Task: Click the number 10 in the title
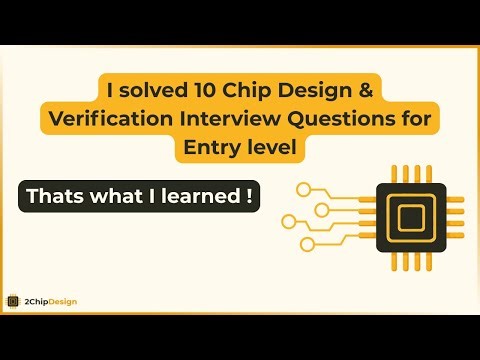pos(193,92)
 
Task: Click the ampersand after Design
pos(367,92)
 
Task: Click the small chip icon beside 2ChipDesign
pos(13,301)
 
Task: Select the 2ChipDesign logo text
pos(50,301)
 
